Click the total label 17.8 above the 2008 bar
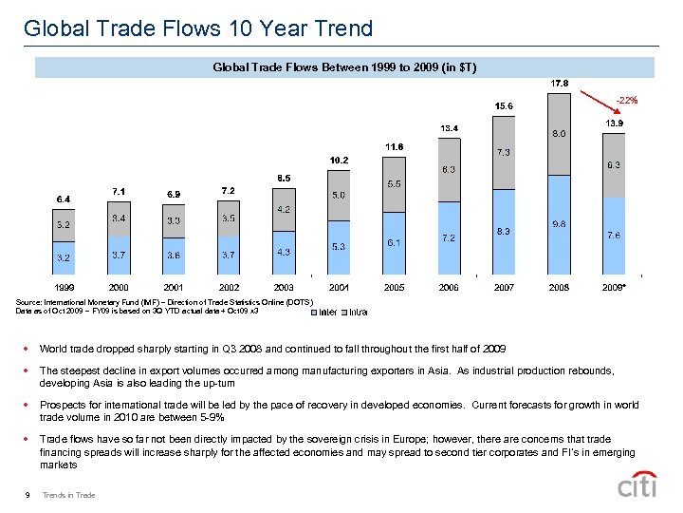[x=560, y=83]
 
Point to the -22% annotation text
[x=626, y=100]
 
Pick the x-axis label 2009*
[x=616, y=286]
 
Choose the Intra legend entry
[x=354, y=310]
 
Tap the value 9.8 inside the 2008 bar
[x=560, y=224]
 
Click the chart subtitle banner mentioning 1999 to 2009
[x=343, y=66]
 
